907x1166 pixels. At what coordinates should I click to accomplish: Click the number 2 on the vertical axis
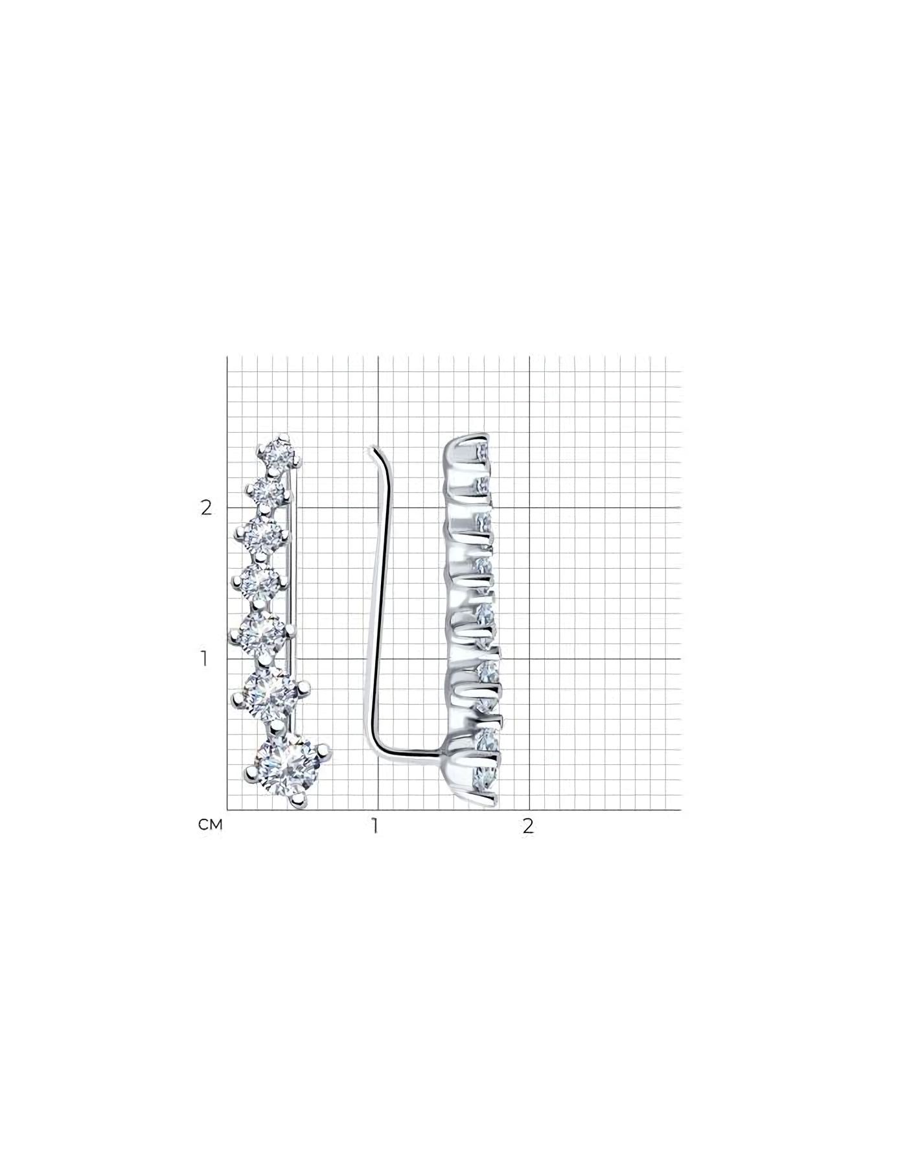click(x=206, y=508)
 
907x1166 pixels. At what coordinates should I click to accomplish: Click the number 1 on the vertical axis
click(x=205, y=659)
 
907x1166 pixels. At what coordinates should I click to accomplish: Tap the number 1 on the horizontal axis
click(x=374, y=826)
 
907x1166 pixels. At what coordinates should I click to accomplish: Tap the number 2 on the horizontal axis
click(x=529, y=826)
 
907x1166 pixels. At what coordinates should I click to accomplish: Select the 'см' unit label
click(x=211, y=825)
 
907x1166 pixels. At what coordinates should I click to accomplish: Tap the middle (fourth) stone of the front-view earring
click(x=259, y=582)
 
